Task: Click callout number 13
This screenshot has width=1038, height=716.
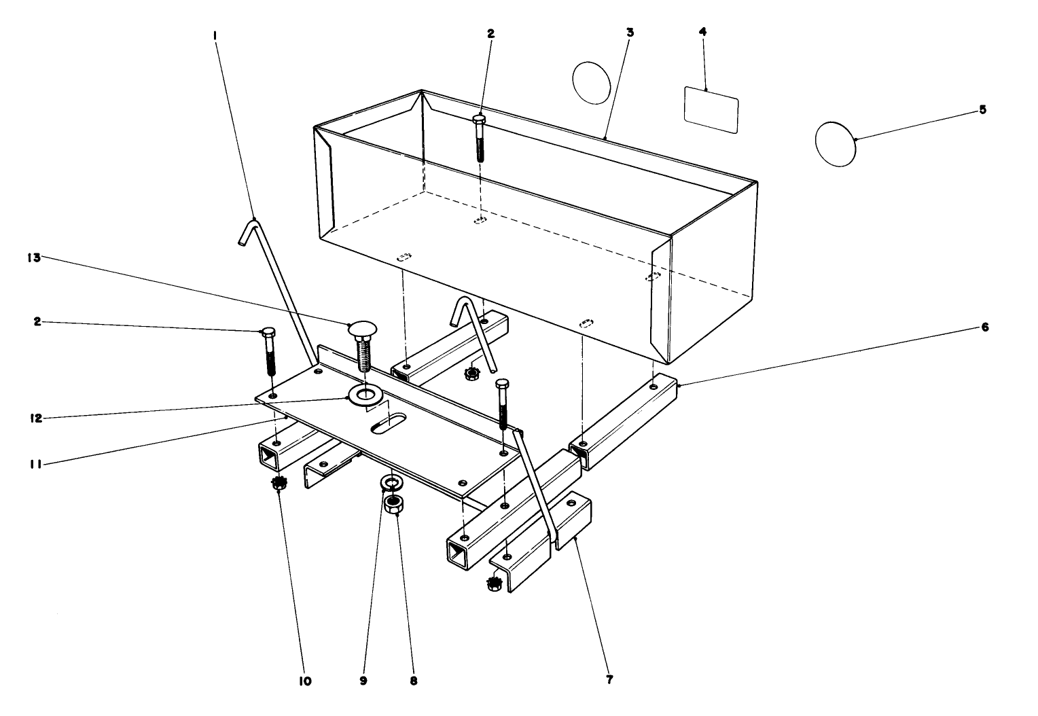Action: pyautogui.click(x=35, y=257)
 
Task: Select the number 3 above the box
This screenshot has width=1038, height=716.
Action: pyautogui.click(x=630, y=33)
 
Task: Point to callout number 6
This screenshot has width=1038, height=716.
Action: pyautogui.click(x=985, y=327)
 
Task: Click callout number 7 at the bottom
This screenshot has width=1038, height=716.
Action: pyautogui.click(x=609, y=679)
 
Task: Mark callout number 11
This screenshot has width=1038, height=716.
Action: pyautogui.click(x=37, y=463)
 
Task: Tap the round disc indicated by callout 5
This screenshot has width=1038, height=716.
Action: pyautogui.click(x=835, y=143)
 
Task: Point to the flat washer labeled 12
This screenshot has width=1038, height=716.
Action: pyautogui.click(x=365, y=393)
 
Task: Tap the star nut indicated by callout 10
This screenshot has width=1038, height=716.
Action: pyautogui.click(x=278, y=484)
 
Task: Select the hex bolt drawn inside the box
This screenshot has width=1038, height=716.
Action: pyautogui.click(x=480, y=137)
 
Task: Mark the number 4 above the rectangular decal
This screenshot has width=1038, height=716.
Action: pyautogui.click(x=702, y=33)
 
